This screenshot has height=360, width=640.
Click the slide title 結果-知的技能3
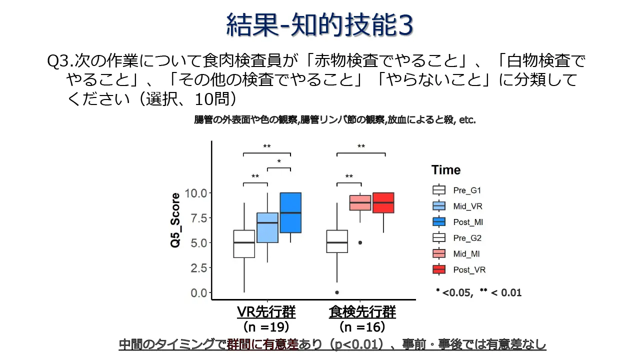[x=320, y=24]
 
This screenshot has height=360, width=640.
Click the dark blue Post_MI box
[x=290, y=212]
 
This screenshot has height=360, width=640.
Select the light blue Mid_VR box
[x=267, y=227]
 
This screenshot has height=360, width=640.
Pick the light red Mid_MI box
[x=360, y=202]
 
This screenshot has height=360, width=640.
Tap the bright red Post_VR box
[x=383, y=202]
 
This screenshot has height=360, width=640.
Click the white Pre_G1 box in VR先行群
[x=244, y=243]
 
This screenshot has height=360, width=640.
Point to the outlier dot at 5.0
[x=360, y=242]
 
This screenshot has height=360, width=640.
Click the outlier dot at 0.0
[x=337, y=292]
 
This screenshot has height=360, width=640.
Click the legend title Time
[x=446, y=170]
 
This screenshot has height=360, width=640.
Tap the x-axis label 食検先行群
[x=362, y=312]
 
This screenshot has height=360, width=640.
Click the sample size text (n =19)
[x=266, y=327]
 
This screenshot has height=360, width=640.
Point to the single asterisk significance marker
[x=279, y=161]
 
